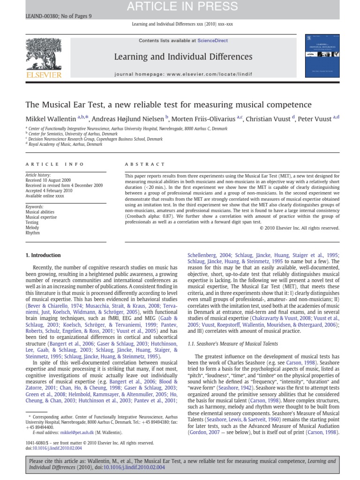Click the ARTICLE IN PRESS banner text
pyautogui.click(x=180, y=6)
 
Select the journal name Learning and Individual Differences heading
pyautogui.click(x=183, y=57)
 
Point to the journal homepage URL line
pyautogui.click(x=183, y=74)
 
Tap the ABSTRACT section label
pyautogui.click(x=145, y=164)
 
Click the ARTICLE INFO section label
pyautogui.click(x=55, y=164)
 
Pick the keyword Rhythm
pyautogui.click(x=32, y=232)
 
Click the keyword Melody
pyautogui.click(x=32, y=227)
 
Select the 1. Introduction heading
pyautogui.click(x=43, y=255)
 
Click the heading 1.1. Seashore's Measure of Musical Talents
pyautogui.click(x=232, y=344)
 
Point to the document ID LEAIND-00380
pyautogui.click(x=40, y=16)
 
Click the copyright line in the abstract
pyautogui.click(x=299, y=228)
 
